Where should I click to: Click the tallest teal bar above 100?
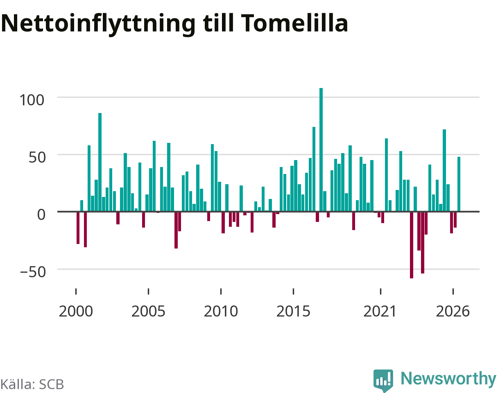click(321, 150)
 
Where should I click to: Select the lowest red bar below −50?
click(412, 245)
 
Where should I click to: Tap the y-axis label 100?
click(32, 100)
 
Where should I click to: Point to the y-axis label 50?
click(37, 158)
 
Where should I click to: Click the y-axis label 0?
click(41, 215)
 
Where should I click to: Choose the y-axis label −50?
click(33, 272)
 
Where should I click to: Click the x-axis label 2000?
click(76, 312)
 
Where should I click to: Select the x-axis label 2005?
click(148, 312)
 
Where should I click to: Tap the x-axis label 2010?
click(221, 312)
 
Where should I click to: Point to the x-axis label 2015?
click(293, 312)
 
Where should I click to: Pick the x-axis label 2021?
click(380, 312)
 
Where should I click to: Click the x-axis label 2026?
click(453, 312)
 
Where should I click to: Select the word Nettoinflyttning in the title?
click(98, 24)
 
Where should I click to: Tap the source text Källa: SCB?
click(32, 384)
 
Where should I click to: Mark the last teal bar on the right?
click(459, 184)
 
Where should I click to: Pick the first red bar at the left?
click(78, 228)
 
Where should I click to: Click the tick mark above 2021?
click(381, 291)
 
